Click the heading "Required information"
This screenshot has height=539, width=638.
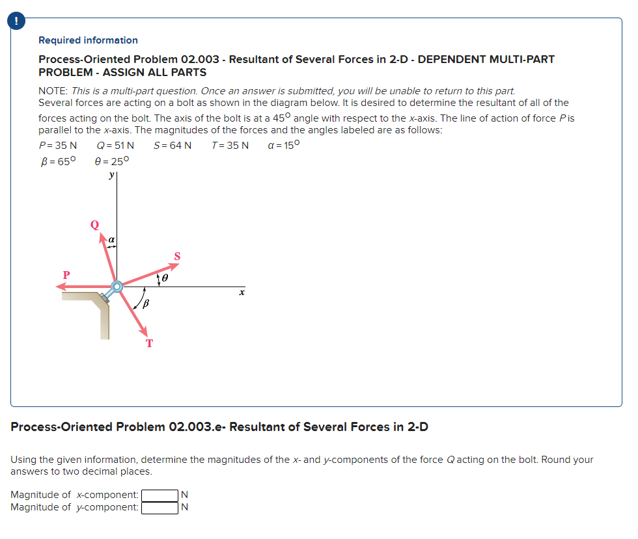[x=88, y=40]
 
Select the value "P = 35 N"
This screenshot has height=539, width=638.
[x=58, y=145]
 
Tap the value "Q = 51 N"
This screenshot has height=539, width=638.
[x=115, y=145]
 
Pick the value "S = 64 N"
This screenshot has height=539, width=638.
[x=173, y=145]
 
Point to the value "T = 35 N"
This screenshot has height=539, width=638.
[x=230, y=145]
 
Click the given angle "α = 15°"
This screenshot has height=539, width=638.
[x=284, y=144]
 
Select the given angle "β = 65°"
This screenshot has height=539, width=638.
[x=58, y=161]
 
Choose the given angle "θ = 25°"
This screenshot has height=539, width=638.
[x=113, y=161]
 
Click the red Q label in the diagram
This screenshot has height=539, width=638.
[x=94, y=225]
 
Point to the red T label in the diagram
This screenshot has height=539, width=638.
[x=149, y=343]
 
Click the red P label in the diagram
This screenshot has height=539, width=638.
[x=66, y=274]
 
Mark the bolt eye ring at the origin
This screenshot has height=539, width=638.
[x=117, y=286]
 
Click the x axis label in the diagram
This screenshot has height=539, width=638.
[x=241, y=294]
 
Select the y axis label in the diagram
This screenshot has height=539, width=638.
[x=112, y=175]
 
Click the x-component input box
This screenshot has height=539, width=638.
[x=159, y=495]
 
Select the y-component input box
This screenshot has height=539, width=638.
[x=159, y=508]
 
